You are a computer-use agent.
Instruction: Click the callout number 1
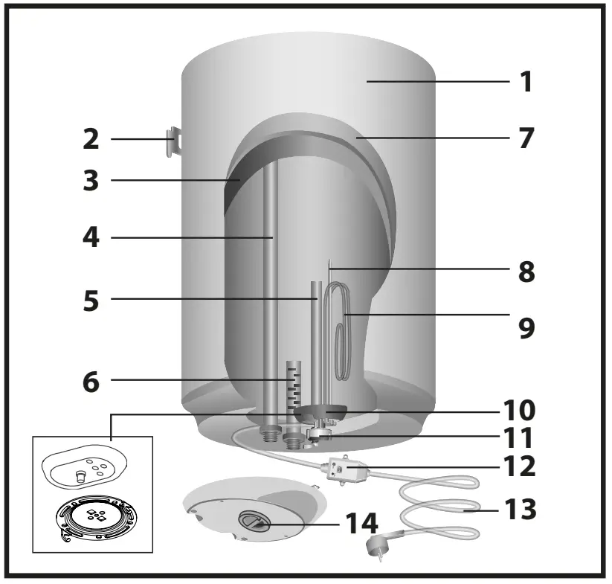[x=526, y=81]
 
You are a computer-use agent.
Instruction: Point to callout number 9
[x=526, y=328]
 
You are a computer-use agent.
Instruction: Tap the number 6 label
[x=91, y=381]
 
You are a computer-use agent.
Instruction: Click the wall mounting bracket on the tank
[x=173, y=141]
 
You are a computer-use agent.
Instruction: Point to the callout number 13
[x=520, y=510]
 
